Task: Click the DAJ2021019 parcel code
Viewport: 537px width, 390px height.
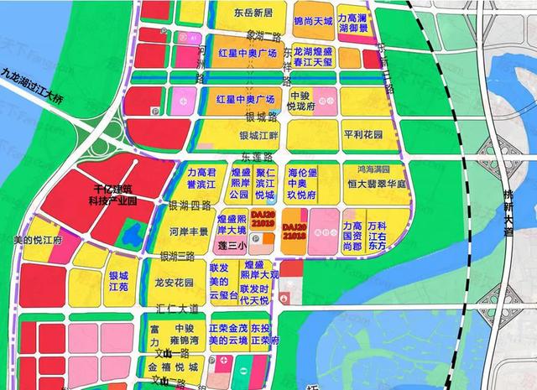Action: (x=238, y=221)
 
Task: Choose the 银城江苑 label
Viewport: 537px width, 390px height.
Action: (x=118, y=281)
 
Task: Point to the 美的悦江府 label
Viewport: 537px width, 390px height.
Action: (x=40, y=240)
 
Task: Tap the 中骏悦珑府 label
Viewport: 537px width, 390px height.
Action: (x=301, y=102)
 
